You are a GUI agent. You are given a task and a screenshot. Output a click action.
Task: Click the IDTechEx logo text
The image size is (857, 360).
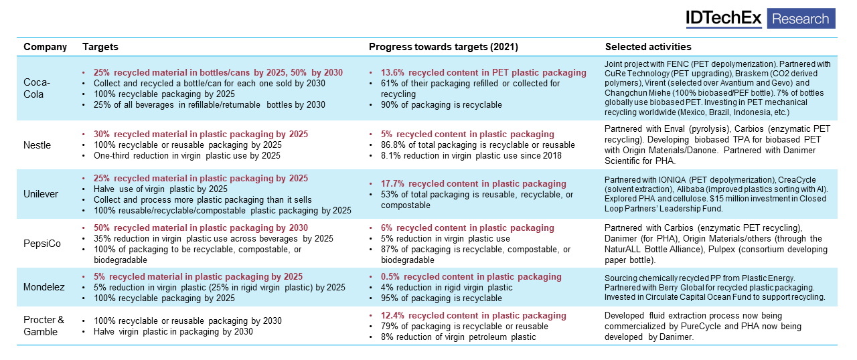[724, 19]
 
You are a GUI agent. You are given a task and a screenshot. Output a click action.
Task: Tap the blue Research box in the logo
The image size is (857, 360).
[801, 19]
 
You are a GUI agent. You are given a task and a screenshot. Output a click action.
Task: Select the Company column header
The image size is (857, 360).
[45, 47]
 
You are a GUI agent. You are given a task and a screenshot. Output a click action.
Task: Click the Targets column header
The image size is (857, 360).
[100, 47]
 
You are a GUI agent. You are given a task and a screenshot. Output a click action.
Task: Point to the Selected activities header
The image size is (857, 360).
[648, 47]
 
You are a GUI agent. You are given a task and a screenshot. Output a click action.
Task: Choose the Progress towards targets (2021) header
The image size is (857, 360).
[443, 47]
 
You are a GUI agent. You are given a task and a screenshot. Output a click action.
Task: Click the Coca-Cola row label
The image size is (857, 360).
[37, 88]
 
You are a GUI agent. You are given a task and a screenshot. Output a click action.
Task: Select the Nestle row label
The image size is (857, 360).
[37, 145]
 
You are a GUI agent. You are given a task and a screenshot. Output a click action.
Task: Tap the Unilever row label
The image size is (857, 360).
[41, 194]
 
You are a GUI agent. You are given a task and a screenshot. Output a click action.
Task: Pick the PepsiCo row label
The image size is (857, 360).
[42, 244]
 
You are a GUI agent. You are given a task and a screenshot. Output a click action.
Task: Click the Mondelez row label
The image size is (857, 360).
[44, 286]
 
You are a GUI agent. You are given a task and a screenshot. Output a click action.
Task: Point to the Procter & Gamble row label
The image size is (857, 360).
[45, 326]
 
